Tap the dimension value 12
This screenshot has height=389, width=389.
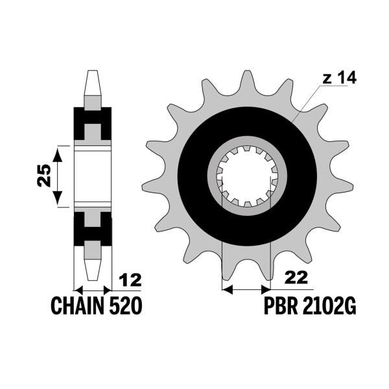click(x=130, y=281)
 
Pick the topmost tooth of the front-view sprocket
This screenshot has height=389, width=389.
click(x=247, y=81)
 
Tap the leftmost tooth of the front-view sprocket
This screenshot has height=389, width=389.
click(x=153, y=176)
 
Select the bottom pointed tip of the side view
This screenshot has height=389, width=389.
click(x=93, y=270)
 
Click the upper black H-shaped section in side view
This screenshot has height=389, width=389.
click(x=93, y=124)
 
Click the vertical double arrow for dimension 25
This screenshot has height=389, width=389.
click(x=59, y=176)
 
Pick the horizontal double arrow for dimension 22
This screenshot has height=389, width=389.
click(x=246, y=286)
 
